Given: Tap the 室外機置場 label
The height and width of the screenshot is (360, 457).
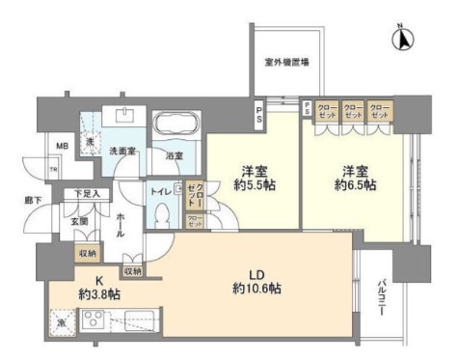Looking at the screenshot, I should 287,64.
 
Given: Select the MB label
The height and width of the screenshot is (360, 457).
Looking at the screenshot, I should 61,147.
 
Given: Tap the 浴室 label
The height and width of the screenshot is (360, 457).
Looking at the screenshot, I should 175,155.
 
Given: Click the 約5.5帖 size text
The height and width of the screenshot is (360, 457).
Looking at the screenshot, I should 254,184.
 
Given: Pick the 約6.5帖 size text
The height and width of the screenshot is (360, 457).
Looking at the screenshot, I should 356,184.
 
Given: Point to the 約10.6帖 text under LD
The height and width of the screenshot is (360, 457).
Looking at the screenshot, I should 256,289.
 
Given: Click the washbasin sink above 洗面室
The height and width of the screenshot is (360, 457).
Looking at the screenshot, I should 125,116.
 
